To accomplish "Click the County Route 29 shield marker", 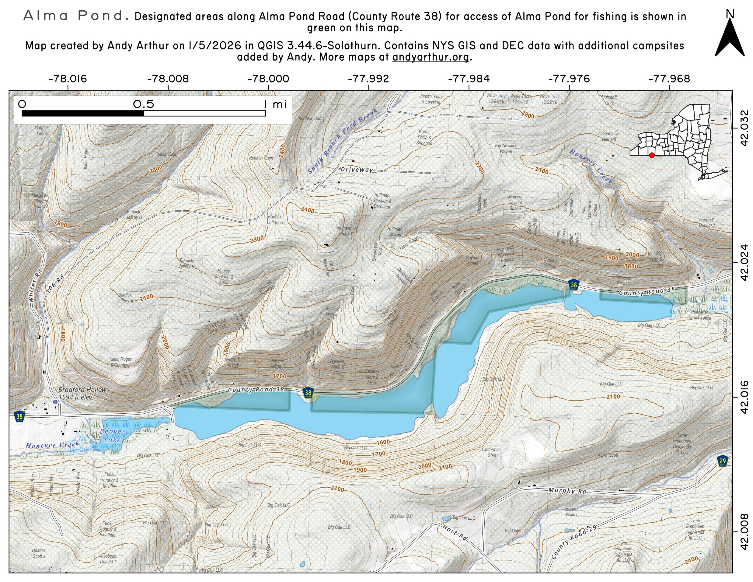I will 723,461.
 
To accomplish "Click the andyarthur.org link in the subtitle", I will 431,57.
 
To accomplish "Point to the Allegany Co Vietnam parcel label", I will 608,136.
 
